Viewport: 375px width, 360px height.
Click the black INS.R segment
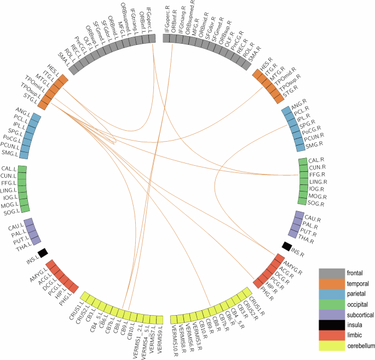[286, 246]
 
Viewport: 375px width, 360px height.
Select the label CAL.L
[9, 169]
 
